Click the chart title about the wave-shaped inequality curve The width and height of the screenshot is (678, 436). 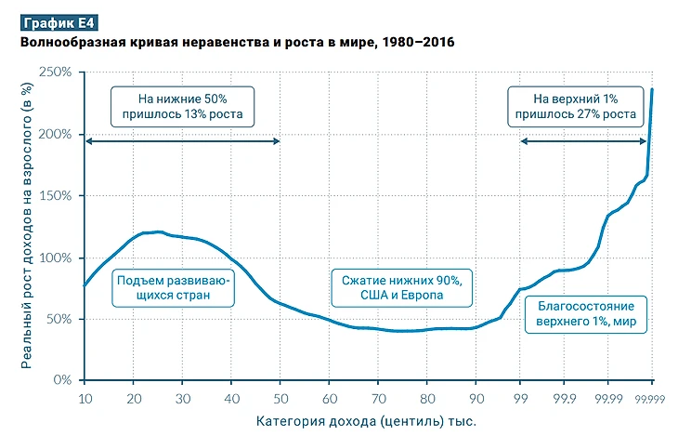[x=237, y=44]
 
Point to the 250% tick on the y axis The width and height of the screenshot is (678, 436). [x=58, y=73]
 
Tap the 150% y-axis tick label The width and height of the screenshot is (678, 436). [x=58, y=196]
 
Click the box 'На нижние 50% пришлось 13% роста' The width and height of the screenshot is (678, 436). [x=182, y=107]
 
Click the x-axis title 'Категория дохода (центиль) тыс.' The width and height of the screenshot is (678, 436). [x=368, y=421]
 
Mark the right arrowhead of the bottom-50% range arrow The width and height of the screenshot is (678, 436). [x=277, y=141]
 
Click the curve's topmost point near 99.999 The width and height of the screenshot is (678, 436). [x=652, y=89]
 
